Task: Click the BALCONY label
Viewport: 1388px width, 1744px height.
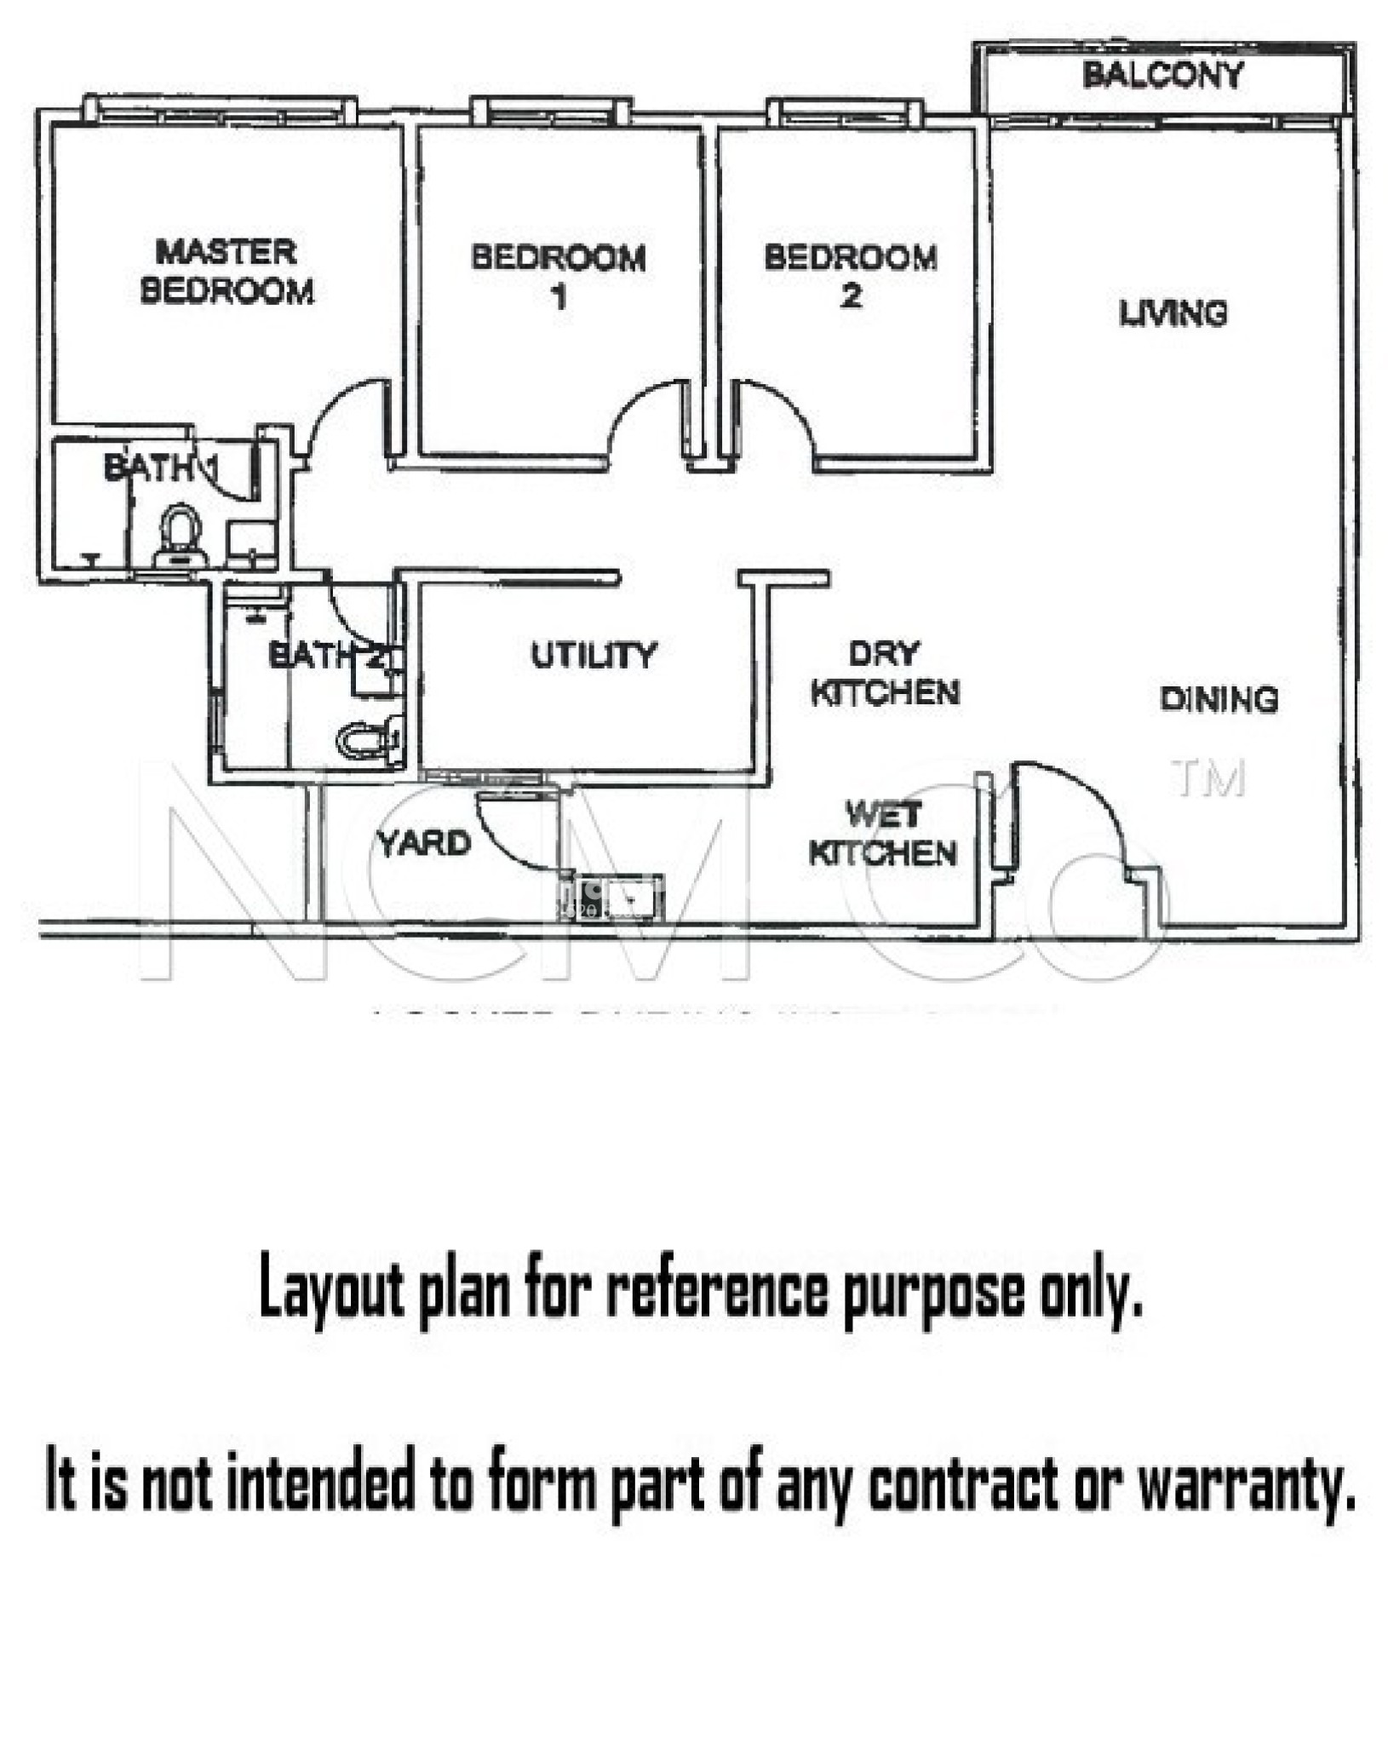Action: point(1162,75)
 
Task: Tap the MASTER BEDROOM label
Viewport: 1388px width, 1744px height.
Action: point(227,272)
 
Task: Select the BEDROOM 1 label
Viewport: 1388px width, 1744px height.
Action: point(559,276)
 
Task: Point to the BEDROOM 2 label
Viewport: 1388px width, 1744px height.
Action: point(851,276)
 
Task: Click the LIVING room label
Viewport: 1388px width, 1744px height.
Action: point(1173,313)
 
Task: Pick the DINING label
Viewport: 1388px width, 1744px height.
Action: point(1219,699)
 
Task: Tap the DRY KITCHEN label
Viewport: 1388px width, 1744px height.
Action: point(885,674)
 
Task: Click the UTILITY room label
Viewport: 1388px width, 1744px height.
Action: point(594,655)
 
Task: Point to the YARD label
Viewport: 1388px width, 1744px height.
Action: point(424,843)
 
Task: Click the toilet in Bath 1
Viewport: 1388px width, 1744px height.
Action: point(181,536)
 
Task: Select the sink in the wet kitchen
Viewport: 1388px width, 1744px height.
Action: point(618,898)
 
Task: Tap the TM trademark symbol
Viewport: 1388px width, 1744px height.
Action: point(1207,777)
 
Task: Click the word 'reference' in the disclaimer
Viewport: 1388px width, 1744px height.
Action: point(715,1290)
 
